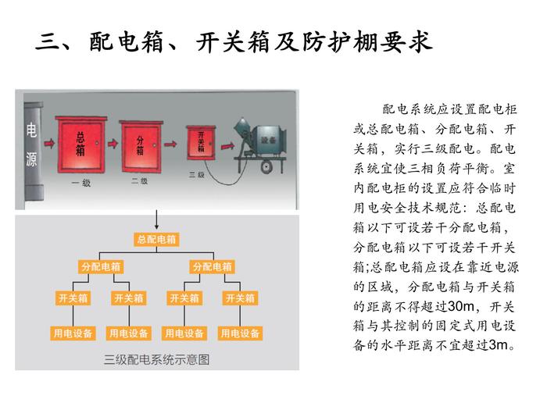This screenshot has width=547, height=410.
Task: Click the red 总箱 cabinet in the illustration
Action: click(80, 144)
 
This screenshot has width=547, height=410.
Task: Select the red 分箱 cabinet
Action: click(140, 144)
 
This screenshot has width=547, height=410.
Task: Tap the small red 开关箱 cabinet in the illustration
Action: click(201, 144)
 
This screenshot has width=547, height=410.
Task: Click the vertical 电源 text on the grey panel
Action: click(31, 145)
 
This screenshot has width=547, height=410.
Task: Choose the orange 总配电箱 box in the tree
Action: click(156, 240)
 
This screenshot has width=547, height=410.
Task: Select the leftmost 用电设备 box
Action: click(73, 333)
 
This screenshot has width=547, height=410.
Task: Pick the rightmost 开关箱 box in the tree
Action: click(241, 298)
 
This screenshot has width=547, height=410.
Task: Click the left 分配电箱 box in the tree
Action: click(101, 267)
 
